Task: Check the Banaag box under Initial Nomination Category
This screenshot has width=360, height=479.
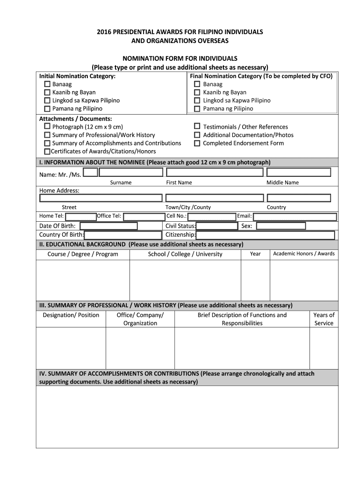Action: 47,84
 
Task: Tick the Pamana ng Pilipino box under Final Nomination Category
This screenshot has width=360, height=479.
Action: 197,109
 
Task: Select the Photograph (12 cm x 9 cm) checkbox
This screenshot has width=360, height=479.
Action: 47,127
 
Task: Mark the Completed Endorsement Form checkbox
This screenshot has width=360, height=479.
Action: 197,143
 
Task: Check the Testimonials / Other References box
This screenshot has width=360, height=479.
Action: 197,127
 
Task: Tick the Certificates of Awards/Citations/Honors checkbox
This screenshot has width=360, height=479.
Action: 47,152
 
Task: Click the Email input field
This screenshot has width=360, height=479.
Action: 294,217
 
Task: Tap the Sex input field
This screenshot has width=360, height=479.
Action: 281,226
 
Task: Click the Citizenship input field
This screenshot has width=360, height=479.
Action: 265,235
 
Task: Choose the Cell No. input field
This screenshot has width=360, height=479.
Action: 211,217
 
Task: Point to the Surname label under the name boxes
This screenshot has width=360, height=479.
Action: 121,182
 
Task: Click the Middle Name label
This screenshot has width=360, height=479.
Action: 282,182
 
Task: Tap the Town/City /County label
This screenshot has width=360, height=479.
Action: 188,207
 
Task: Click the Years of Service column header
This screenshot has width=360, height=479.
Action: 324,319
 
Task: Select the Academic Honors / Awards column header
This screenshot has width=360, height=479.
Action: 303,254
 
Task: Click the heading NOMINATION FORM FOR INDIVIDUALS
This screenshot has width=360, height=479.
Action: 180,58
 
